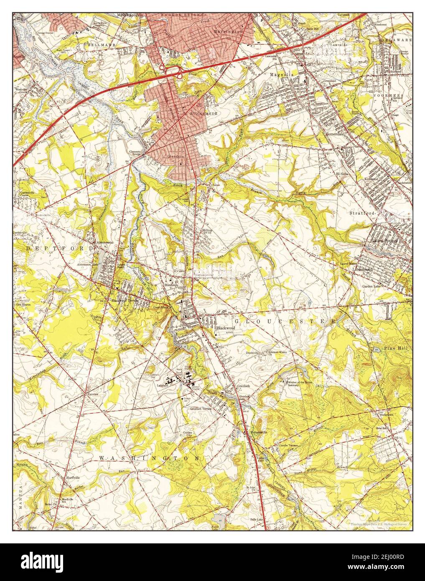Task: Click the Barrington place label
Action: click(x=228, y=31)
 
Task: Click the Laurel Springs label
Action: click(x=385, y=241)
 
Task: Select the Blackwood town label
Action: click(x=226, y=329)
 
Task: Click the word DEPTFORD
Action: click(x=60, y=248)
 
